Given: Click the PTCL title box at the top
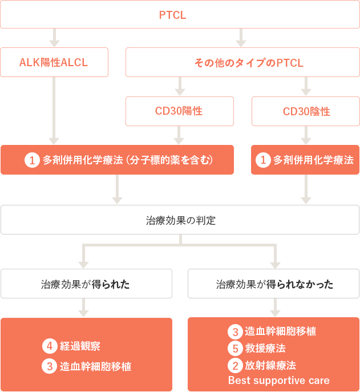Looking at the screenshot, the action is pos(180,14).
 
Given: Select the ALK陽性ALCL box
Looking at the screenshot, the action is pos(54,62).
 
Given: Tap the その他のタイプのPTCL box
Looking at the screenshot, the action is pos(242,62).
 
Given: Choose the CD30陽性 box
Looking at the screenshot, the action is pos(180,111).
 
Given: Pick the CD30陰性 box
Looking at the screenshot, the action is pos(305,111).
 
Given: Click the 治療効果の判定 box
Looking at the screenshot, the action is pos(180,220).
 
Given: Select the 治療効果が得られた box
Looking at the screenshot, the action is pos(86,284).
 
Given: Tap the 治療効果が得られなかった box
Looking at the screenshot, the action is pos(273,284).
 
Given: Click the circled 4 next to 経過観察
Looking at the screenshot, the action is pos(50,346).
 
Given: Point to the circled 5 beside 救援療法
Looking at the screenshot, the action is pos(235,348).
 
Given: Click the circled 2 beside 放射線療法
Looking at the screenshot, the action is pos(235,366).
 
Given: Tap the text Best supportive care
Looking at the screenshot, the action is pos(279,381).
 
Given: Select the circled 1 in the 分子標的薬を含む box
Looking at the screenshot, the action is pos(32,160).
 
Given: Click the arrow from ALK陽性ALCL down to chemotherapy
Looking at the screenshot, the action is pos(54,111).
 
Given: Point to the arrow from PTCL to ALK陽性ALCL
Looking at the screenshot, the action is pos(54,38).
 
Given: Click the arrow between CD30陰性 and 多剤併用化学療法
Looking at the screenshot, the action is pos(306,135).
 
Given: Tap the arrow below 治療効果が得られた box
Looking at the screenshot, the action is pos(83,308).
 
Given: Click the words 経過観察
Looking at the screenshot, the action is pos(80,346).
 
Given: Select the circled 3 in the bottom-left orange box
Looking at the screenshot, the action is pos(50,366).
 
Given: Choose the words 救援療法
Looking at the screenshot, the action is pos(265,348).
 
